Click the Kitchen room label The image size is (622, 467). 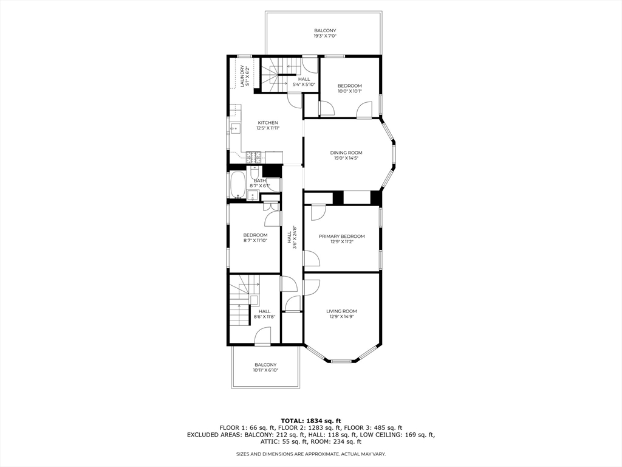coord(267,123)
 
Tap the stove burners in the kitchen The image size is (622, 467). coord(254,157)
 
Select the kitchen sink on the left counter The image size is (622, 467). coord(234,129)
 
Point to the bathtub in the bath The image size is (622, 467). coord(237,185)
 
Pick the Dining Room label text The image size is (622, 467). coord(346,153)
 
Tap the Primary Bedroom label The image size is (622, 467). coord(342,236)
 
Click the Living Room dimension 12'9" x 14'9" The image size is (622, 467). coord(341,316)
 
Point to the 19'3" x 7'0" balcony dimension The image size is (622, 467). coord(325,36)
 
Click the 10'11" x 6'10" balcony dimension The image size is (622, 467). coord(265,370)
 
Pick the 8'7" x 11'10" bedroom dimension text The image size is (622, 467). coord(255,240)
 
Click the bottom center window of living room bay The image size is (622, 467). coord(341,361)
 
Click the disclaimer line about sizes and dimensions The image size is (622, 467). coord(310,454)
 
